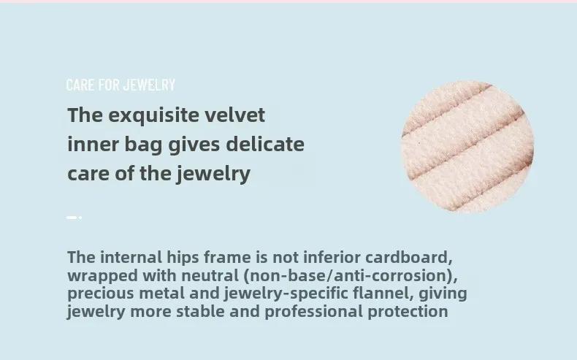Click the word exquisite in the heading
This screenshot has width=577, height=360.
154,116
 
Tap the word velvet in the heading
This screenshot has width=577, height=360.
234,115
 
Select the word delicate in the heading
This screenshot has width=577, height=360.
265,144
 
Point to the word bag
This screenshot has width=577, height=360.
143,145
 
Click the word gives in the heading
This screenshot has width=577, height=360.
194,145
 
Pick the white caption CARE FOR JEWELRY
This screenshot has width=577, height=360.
121,85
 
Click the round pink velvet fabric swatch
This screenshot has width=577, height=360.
467,147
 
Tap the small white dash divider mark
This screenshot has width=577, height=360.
74,218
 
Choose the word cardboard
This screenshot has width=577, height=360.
409,258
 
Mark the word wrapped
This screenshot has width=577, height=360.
103,276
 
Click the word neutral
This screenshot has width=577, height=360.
210,275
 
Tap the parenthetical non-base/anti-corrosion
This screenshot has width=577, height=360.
351,276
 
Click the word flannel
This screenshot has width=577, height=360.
383,294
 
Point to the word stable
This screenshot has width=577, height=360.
201,312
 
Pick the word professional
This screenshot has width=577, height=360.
314,313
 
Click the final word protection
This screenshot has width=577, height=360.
408,313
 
